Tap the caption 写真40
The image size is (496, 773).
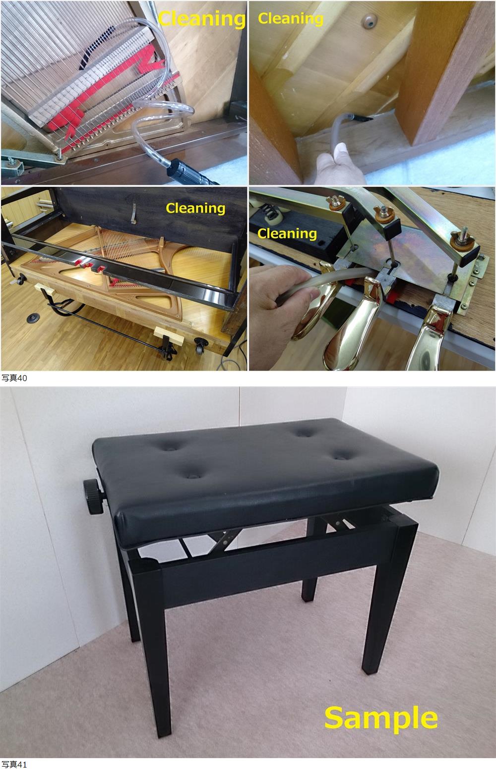coord(14,378)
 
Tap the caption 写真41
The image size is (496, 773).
coord(14,765)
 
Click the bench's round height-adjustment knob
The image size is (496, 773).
coord(93,497)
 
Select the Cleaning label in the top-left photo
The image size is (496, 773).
coord(202,19)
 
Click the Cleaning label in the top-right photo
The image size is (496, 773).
coord(291,19)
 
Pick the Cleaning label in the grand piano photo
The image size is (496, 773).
coord(195,209)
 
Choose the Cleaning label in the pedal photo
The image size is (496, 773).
coord(287,234)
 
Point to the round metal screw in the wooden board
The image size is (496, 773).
coord(369,21)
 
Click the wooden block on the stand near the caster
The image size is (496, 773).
coord(169,335)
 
